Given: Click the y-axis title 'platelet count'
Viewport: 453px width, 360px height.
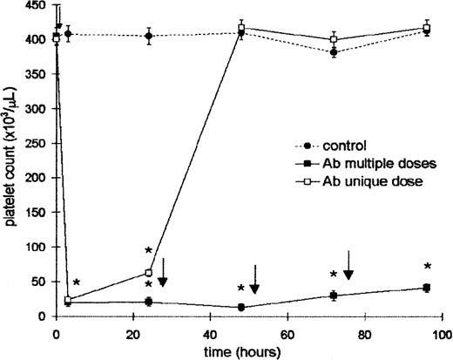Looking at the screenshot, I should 10,161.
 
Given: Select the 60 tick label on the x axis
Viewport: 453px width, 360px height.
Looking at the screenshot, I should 288,332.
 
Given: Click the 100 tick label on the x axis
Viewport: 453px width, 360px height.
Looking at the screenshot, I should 441,332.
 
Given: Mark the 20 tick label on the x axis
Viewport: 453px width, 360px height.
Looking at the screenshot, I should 134,332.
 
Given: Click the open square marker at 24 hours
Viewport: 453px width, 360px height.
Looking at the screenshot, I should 149,273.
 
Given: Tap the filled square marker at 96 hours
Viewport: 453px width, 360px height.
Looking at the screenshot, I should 427,288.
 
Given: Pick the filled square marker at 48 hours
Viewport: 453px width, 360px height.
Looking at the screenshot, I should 240,307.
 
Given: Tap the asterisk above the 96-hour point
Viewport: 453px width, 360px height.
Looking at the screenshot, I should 427,267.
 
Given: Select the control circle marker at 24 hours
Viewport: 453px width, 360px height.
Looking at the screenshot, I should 149,37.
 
